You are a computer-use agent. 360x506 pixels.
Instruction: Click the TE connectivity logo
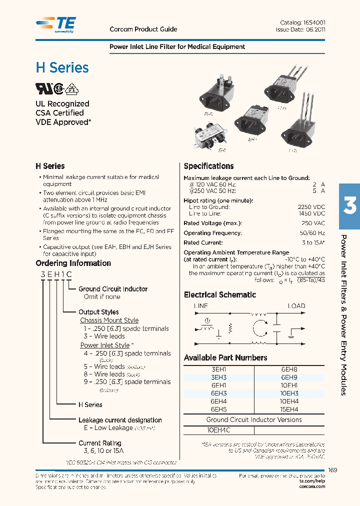point(56,24)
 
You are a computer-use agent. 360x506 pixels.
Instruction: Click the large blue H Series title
point(62,67)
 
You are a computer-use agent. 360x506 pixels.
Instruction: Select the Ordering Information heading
point(73,263)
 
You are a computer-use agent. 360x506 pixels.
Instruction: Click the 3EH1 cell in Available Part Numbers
point(218,369)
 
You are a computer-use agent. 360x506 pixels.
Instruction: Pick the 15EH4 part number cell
point(289,408)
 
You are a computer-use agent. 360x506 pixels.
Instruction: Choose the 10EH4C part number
point(218,430)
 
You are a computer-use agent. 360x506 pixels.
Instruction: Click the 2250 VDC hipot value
point(311,206)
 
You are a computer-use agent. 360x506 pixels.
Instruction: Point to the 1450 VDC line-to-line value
point(311,213)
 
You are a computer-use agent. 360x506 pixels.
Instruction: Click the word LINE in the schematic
point(200,306)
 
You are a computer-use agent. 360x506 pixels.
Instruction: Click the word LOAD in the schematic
point(296,306)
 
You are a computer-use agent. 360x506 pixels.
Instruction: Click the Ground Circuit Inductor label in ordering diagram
point(113,289)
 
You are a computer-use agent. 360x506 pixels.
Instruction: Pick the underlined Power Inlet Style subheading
point(105,345)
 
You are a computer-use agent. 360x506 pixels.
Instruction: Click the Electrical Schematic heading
point(219,295)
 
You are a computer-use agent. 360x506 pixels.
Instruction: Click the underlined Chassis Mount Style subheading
point(109,320)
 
